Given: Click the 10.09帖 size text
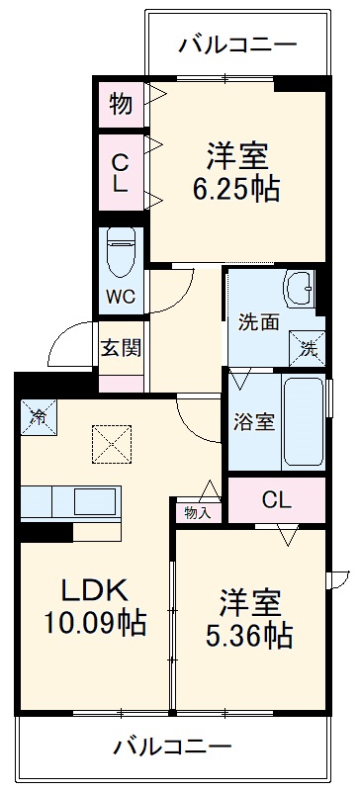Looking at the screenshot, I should click(x=94, y=623).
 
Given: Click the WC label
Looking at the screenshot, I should click(x=122, y=296).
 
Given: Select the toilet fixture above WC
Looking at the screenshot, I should click(x=122, y=251).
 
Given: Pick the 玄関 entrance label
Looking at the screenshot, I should click(x=121, y=348).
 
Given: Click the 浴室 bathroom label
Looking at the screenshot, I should click(x=254, y=420).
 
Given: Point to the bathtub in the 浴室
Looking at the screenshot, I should click(x=302, y=420).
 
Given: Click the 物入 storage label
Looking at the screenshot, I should click(x=197, y=511).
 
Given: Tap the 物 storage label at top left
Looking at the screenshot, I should click(x=121, y=102).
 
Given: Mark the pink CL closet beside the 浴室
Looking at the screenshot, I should click(x=276, y=499).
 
